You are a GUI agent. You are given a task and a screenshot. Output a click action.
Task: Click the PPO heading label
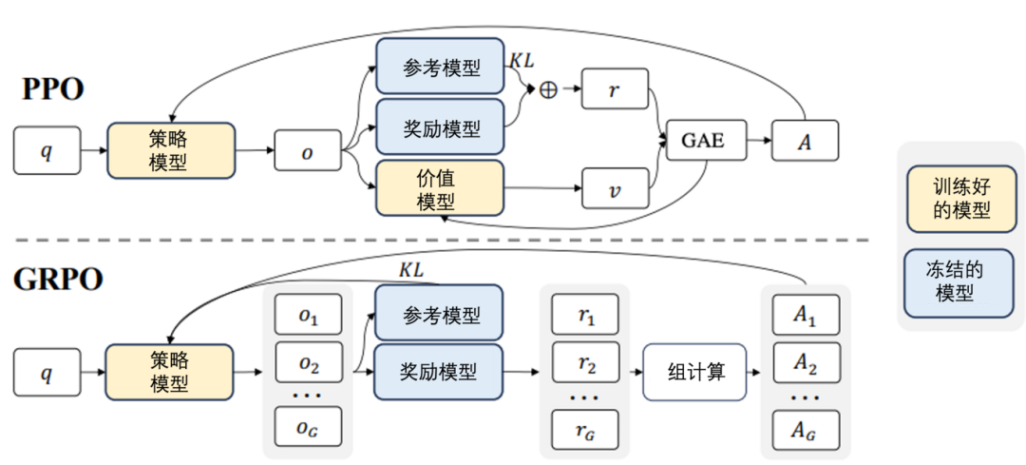tap(53, 89)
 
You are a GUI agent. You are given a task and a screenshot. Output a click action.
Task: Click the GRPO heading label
tap(59, 281)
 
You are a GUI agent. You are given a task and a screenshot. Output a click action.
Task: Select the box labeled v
tap(615, 188)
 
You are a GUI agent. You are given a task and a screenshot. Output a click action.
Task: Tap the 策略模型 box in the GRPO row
tap(170, 372)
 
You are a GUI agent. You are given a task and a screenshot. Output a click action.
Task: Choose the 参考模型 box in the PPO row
tap(441, 67)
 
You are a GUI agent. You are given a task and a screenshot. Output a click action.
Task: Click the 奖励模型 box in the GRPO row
tap(440, 372)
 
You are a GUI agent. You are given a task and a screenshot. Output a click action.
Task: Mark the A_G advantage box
tap(805, 429)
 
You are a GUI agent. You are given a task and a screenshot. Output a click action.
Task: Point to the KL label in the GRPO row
tap(410, 270)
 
